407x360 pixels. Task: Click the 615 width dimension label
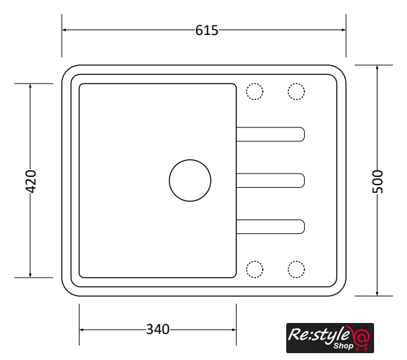[207, 30]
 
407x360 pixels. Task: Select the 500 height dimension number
[377, 182]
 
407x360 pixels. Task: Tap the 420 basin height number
[31, 181]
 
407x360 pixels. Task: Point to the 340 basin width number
[158, 329]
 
